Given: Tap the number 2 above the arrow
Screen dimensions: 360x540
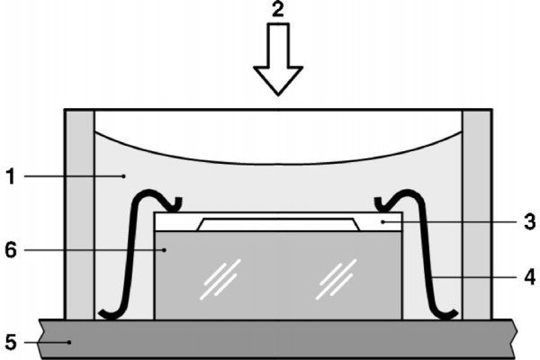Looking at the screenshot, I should coord(279,12).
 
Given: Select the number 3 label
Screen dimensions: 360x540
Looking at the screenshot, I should coord(528,219).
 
